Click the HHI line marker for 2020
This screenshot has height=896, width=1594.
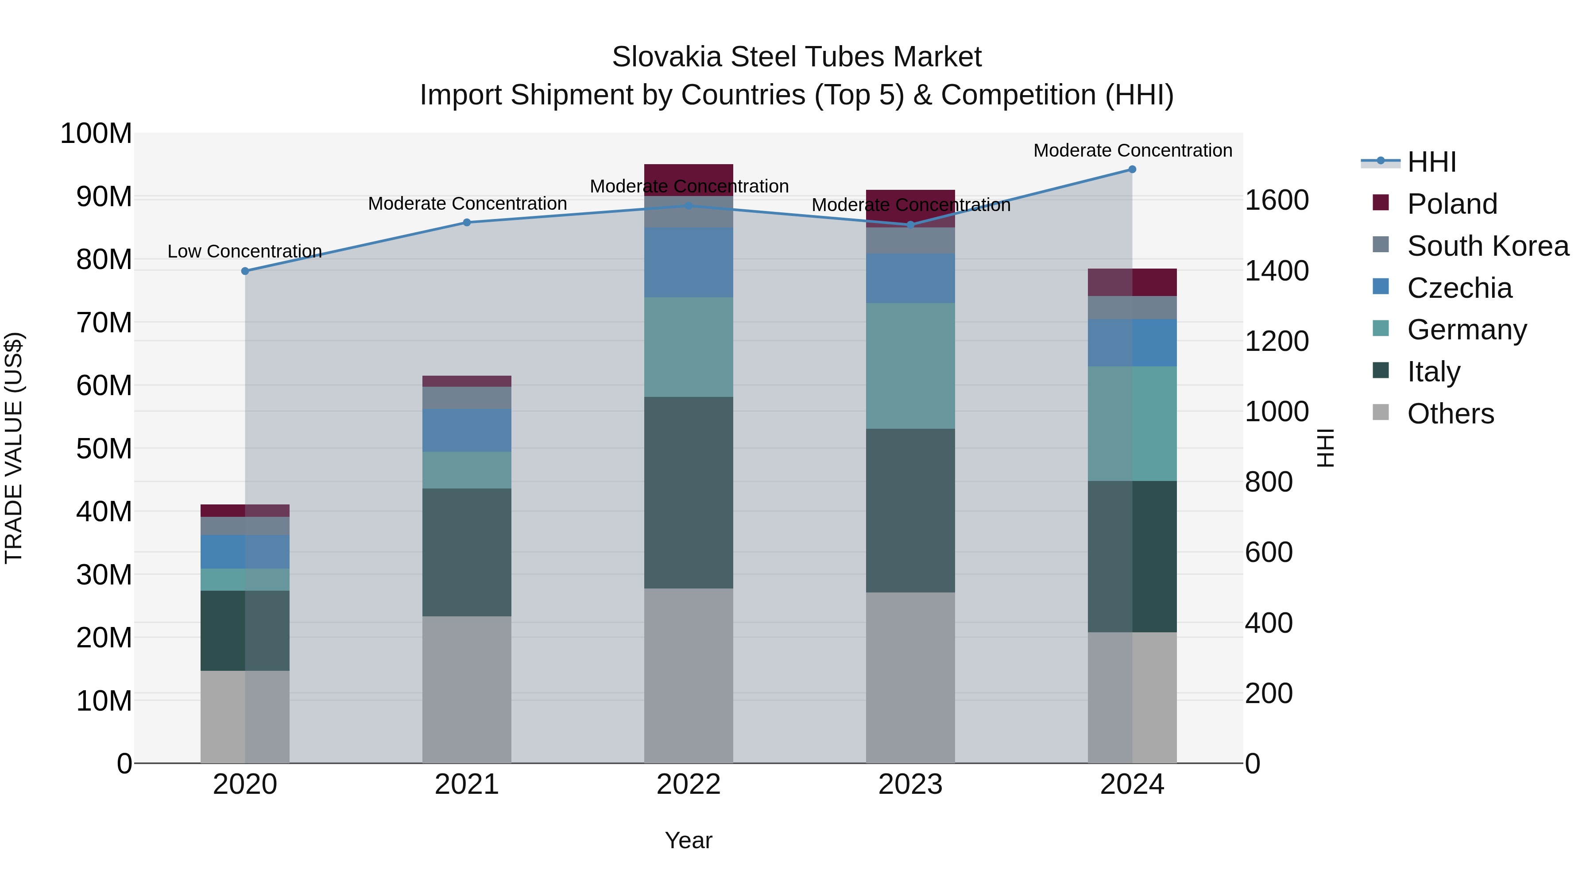[x=245, y=271]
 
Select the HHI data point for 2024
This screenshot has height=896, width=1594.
[x=1132, y=169]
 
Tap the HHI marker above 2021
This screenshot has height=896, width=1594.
[x=467, y=223]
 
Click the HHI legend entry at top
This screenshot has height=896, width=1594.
[x=1431, y=162]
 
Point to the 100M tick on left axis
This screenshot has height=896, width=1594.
[x=97, y=134]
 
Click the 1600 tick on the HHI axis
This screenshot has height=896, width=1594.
[x=1276, y=200]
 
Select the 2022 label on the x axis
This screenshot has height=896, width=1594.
[x=688, y=784]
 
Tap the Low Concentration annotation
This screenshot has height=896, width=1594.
[x=245, y=251]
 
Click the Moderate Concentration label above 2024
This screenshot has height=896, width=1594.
[x=1132, y=150]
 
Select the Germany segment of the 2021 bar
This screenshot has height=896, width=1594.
[x=467, y=470]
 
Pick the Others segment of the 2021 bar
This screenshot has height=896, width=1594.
[x=467, y=689]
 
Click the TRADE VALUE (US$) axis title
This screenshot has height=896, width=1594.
[x=14, y=448]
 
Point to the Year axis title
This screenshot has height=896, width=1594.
[x=688, y=840]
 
